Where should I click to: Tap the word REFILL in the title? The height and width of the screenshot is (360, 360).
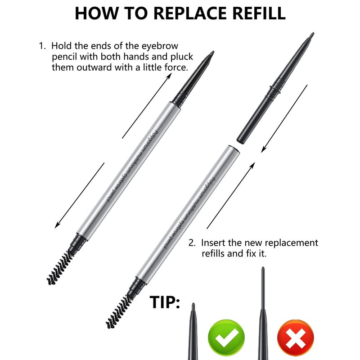tap(259, 13)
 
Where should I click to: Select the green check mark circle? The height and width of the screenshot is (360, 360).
tap(226, 338)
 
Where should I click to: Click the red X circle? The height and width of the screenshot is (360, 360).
tap(296, 338)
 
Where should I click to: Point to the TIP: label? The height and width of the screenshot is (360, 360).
tap(165, 302)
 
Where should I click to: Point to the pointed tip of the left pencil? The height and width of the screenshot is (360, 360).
tap(213, 52)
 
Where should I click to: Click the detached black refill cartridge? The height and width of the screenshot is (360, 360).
tap(275, 88)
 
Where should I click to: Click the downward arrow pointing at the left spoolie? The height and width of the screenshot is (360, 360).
tap(80, 195)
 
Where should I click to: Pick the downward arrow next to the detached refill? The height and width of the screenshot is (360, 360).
tap(284, 118)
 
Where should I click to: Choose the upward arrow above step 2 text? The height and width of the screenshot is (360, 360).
tap(231, 195)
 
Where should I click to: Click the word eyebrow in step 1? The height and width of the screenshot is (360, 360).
tap(160, 46)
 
